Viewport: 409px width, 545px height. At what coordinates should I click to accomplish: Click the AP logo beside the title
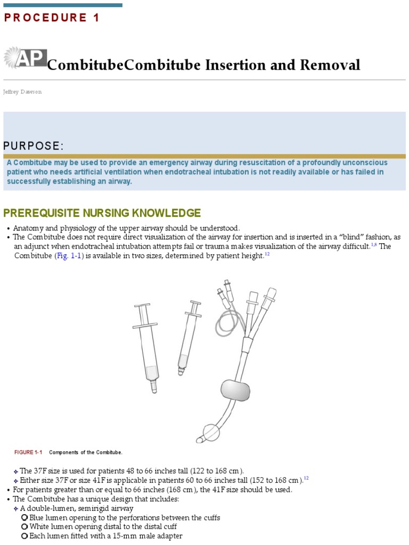click(25, 58)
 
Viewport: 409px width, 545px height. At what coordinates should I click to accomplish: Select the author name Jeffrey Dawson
click(22, 92)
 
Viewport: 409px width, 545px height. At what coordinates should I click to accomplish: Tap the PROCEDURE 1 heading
click(52, 18)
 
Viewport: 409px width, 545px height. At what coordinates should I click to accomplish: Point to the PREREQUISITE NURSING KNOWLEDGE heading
click(102, 213)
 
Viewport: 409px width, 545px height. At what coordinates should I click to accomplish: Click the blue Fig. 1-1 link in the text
click(69, 256)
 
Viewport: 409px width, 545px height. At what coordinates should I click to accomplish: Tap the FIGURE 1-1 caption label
click(28, 452)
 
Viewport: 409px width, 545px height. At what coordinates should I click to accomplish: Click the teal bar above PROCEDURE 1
click(63, 5)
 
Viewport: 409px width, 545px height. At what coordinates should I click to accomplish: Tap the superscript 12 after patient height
click(267, 254)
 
